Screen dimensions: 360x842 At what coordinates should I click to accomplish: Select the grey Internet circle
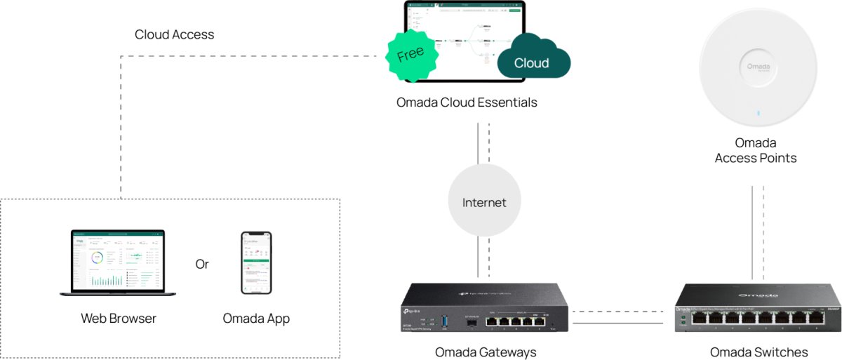coord(484,203)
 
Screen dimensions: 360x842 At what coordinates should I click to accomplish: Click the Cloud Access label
coord(174,34)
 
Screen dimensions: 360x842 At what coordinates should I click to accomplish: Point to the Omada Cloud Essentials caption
coord(467,102)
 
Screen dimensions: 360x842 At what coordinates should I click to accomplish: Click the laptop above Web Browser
coord(118,262)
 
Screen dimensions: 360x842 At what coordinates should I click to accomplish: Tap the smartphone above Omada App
coord(256,262)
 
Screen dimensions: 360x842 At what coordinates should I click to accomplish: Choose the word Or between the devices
coord(202,265)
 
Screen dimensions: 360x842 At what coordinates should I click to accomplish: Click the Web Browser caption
coord(119,319)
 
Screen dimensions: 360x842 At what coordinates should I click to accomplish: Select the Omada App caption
coord(256,319)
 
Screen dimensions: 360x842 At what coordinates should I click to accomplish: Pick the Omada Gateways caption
coord(486,352)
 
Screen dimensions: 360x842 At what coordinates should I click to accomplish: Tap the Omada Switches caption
coord(759,352)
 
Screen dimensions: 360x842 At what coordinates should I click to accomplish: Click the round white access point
coord(756,70)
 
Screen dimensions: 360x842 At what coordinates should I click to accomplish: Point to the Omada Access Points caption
coord(756,151)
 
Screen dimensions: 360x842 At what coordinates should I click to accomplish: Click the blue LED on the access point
coord(756,113)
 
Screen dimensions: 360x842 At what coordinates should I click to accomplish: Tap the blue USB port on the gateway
coord(443,324)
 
